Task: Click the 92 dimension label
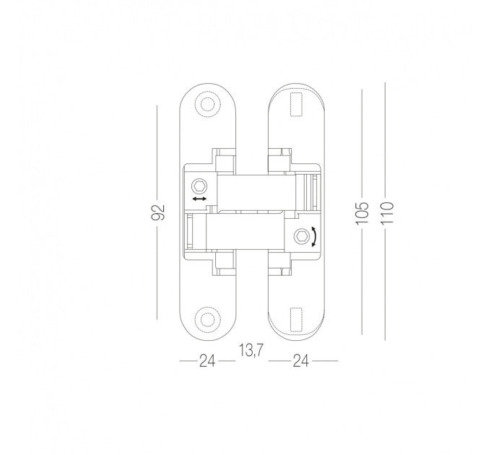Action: pos(158,212)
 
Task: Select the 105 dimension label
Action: pos(362,213)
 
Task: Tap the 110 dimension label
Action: pos(387,213)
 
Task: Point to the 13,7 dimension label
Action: pos(251,350)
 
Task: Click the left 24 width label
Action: pos(208,361)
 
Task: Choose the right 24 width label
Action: pos(300,361)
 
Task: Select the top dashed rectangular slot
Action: pos(296,104)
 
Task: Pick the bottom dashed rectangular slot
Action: pos(296,319)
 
